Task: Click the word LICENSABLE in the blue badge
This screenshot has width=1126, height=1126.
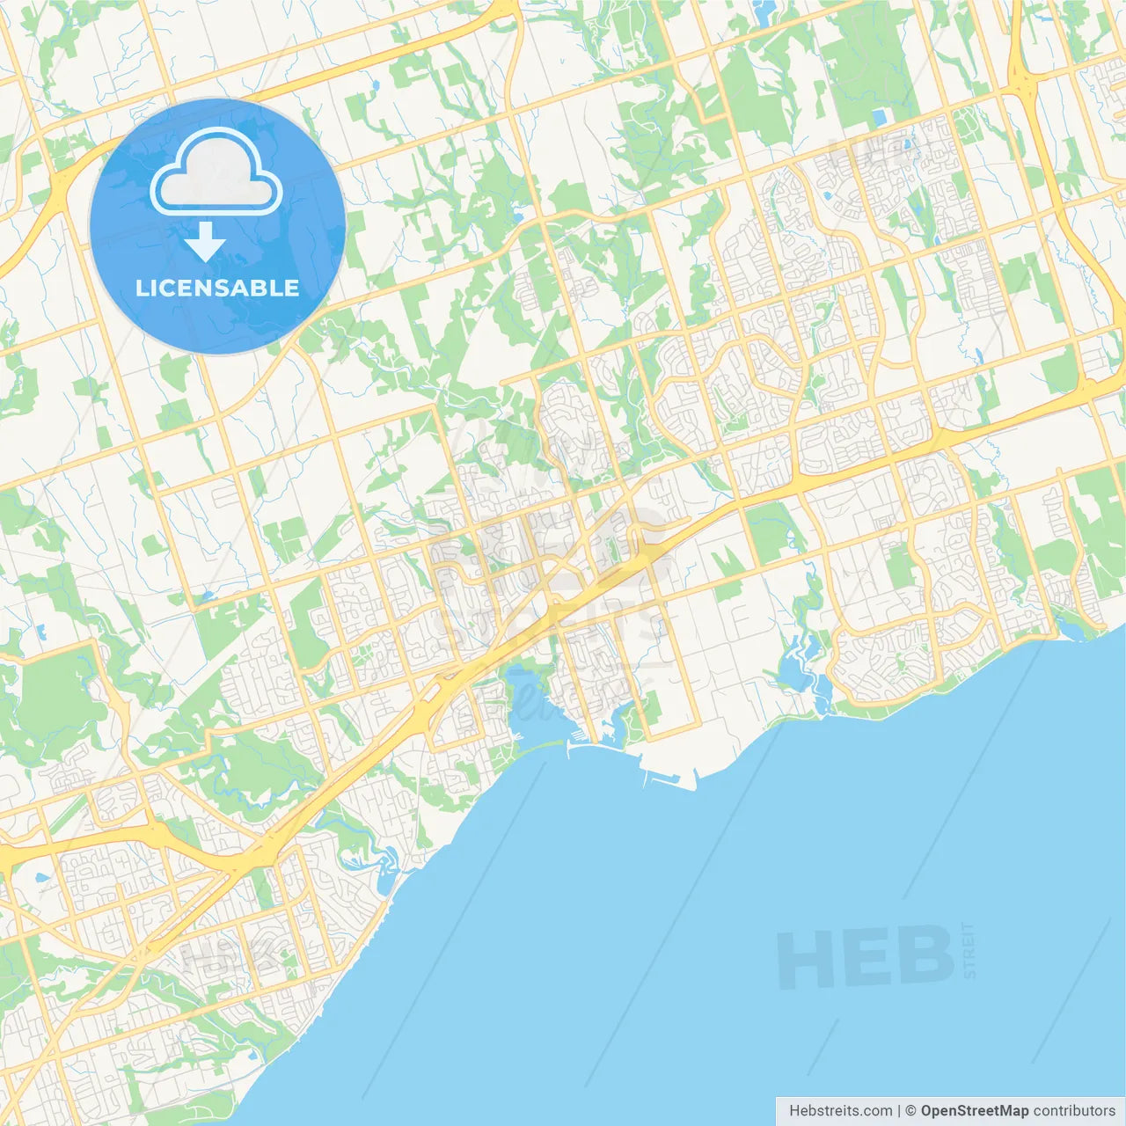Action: point(217,288)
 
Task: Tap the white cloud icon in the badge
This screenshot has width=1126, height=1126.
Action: point(216,173)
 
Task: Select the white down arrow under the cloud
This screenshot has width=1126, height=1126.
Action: point(205,241)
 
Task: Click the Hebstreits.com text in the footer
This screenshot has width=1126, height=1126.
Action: point(840,1111)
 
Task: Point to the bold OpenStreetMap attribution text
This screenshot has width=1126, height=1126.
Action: point(974,1111)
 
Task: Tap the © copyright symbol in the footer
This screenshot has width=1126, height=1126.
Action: point(910,1111)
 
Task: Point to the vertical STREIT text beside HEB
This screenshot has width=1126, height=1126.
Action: point(969,950)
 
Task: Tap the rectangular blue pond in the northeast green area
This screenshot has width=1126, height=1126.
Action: point(879,118)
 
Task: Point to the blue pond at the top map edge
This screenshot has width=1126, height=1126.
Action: point(764,11)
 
